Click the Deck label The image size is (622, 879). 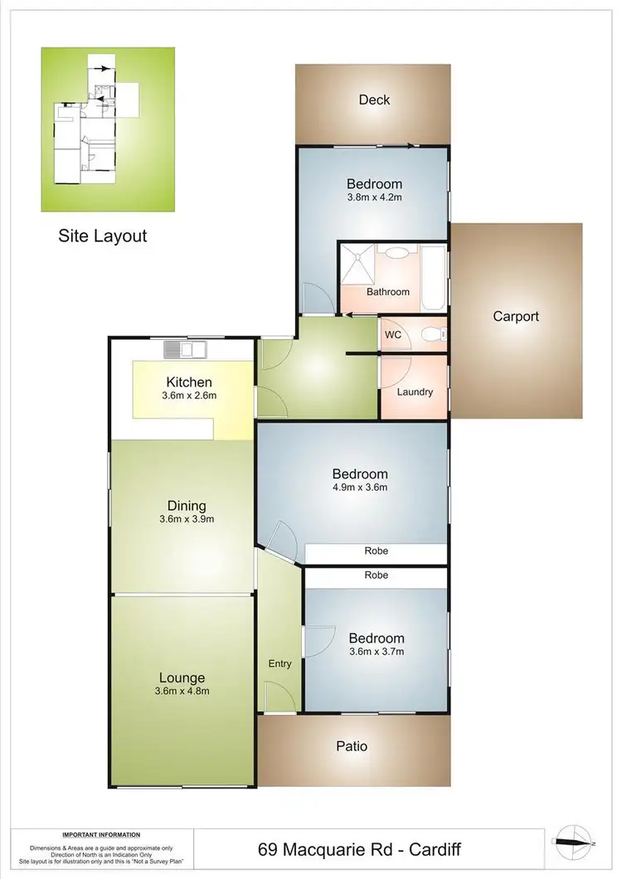374,100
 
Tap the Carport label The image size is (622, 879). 516,316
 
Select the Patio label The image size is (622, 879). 352,746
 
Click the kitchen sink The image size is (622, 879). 183,350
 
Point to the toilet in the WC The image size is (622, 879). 431,335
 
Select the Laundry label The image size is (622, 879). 415,391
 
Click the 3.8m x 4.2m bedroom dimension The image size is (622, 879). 374,198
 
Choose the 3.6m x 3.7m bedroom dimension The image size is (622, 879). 376,652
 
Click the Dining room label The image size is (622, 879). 186,506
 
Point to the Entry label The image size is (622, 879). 279,663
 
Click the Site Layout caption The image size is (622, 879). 102,236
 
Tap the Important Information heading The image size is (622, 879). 101,835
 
